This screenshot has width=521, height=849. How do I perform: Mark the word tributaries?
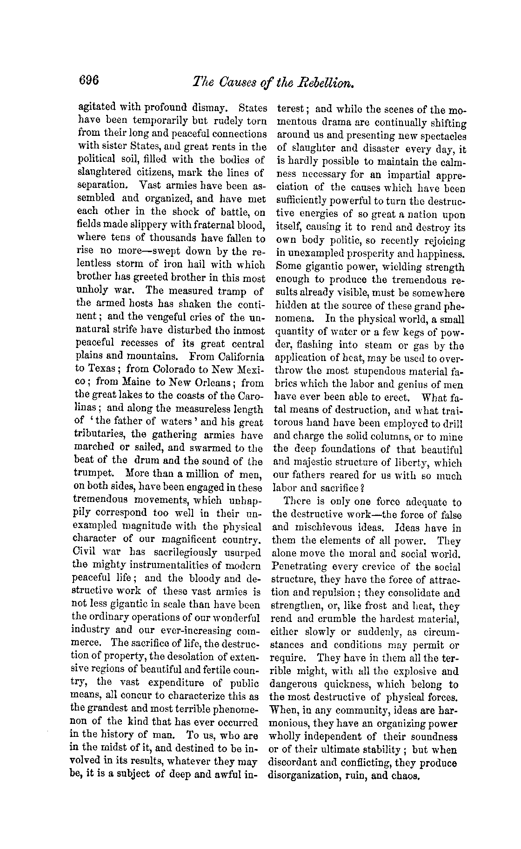click(100, 435)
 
